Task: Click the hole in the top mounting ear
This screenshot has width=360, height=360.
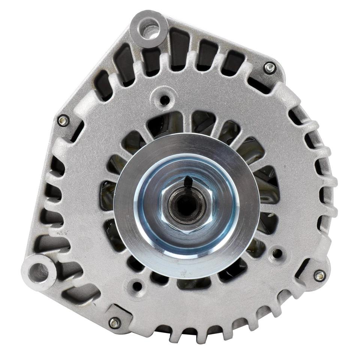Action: point(149,27)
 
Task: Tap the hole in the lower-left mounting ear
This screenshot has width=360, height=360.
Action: point(39,272)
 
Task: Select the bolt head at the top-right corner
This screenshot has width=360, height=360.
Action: point(270,68)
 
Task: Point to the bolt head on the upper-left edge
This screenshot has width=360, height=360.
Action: point(63,120)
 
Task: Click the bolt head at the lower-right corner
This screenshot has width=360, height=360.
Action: point(319,276)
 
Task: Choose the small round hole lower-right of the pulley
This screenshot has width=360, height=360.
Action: point(277,253)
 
